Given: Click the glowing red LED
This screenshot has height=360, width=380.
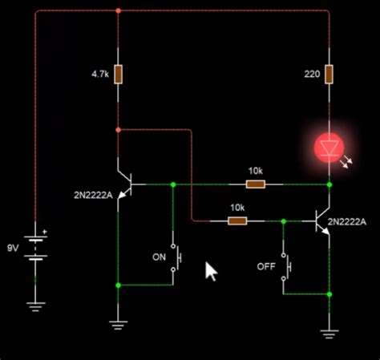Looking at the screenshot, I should pyautogui.click(x=329, y=148).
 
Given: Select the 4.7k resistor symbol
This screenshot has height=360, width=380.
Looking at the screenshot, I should pyautogui.click(x=118, y=75).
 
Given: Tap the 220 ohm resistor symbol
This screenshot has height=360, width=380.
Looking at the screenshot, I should pyautogui.click(x=329, y=75).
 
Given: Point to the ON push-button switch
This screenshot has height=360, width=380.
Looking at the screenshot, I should pyautogui.click(x=176, y=257).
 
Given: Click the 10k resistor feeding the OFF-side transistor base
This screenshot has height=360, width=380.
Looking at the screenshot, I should pyautogui.click(x=237, y=220).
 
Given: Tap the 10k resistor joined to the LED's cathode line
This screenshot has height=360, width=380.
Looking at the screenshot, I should pyautogui.click(x=255, y=184).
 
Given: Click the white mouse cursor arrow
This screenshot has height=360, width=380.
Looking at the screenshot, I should pyautogui.click(x=211, y=271).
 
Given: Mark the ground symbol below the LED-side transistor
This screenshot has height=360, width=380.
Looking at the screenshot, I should pyautogui.click(x=329, y=332).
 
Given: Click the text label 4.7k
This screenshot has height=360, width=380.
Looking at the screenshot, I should pyautogui.click(x=99, y=75).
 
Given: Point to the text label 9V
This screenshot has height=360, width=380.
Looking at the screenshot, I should pyautogui.click(x=13, y=247).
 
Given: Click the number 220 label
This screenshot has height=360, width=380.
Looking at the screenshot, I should pyautogui.click(x=312, y=75).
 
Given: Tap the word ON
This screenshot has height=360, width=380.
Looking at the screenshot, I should pyautogui.click(x=159, y=257).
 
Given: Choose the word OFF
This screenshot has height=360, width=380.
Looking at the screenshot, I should pyautogui.click(x=266, y=265).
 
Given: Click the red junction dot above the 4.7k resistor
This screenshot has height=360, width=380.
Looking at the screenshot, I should pyautogui.click(x=118, y=11).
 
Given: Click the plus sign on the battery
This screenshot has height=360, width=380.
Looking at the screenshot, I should pyautogui.click(x=45, y=233).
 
